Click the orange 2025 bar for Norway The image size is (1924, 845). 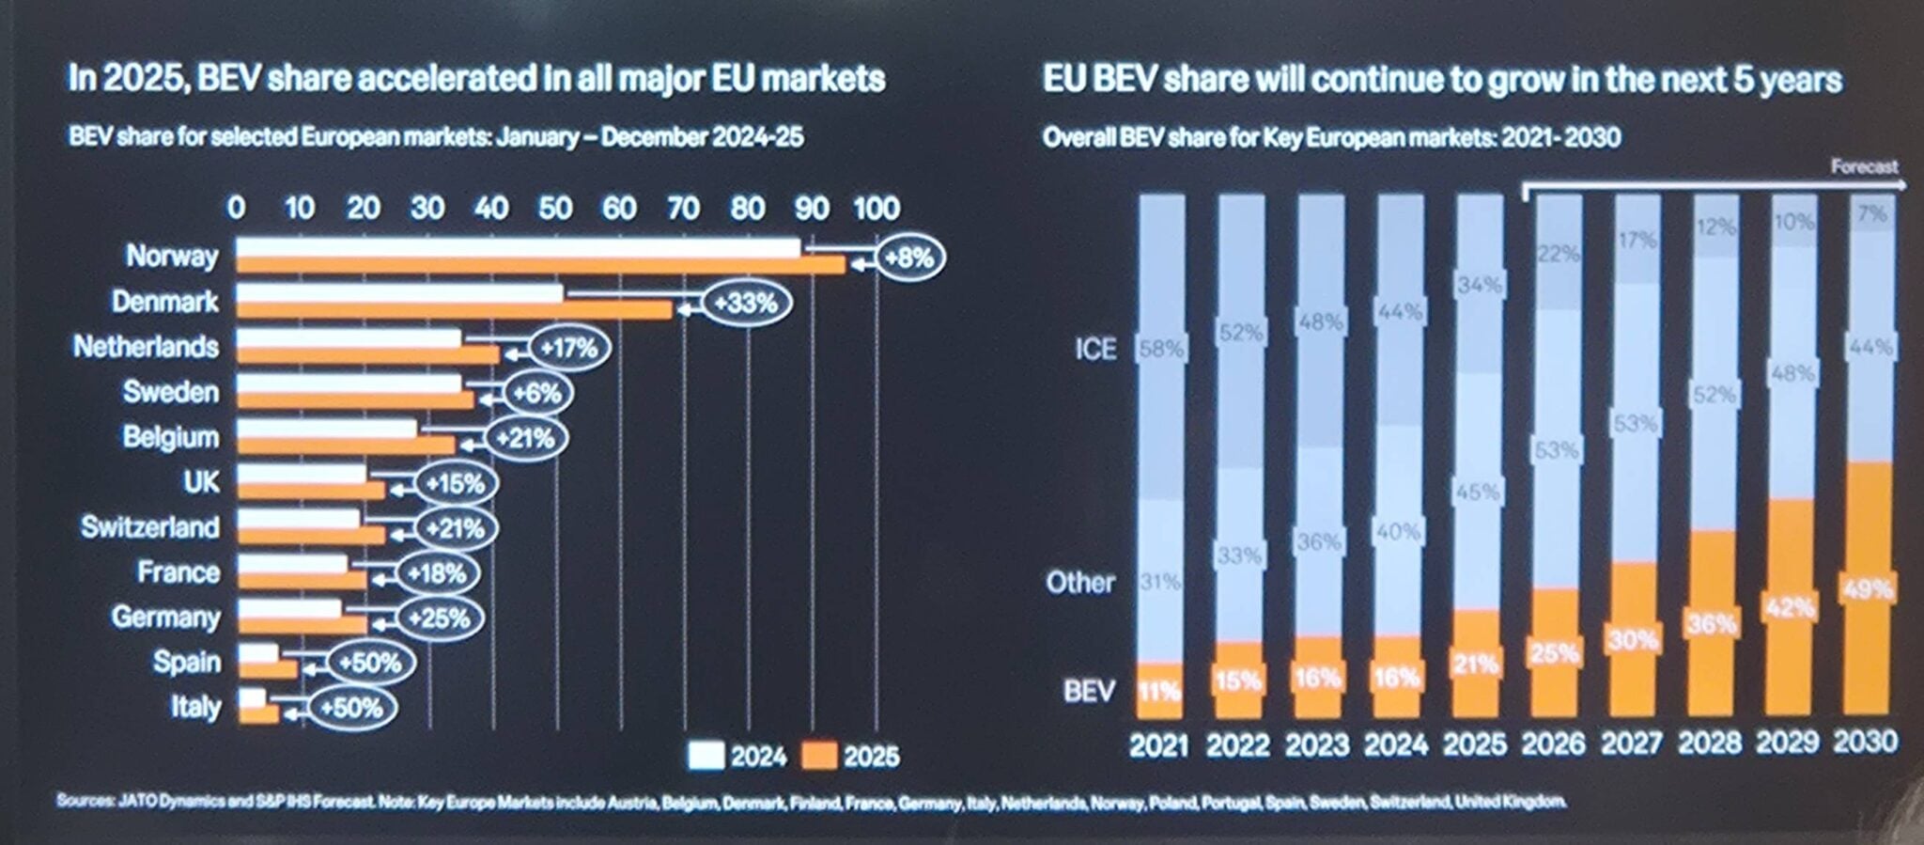point(540,266)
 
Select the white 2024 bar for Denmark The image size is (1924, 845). point(399,293)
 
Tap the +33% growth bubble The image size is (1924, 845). point(745,304)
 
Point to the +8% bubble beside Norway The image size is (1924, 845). point(908,258)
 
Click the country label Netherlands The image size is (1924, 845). point(146,347)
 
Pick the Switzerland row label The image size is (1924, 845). point(149,526)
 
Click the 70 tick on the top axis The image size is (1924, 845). point(683,208)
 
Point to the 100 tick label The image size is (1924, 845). point(876,208)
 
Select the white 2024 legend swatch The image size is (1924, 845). point(706,756)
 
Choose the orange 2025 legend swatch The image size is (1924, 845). point(818,756)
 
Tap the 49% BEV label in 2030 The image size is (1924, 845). point(1868,589)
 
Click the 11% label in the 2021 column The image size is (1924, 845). point(1158,692)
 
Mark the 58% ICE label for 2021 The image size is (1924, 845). point(1161,350)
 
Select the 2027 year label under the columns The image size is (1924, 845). point(1632,744)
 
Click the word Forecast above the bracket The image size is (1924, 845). point(1864,166)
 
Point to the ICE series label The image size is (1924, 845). point(1095,350)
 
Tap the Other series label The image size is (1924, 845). point(1080,583)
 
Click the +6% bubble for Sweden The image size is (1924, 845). point(537,393)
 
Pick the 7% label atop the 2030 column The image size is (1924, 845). point(1871,214)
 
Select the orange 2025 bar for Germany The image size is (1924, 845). point(302,625)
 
